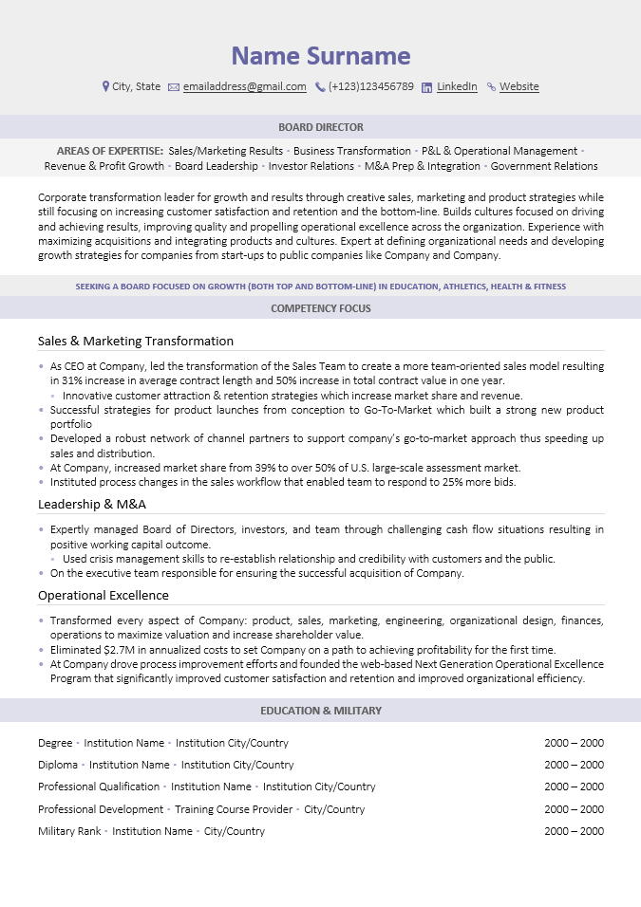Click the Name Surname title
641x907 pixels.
321,56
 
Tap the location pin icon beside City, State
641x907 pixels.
105,86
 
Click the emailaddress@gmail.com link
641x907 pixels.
244,86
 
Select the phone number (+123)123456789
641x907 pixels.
370,86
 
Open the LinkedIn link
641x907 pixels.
457,86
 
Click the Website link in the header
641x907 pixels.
518,86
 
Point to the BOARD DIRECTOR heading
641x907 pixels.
321,127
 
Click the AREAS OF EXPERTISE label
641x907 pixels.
109,151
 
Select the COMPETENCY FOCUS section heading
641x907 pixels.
321,308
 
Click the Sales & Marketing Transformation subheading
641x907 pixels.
136,341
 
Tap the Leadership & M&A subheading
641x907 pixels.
92,504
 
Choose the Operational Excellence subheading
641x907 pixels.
104,595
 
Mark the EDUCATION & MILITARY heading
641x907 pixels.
321,711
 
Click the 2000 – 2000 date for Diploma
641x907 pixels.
574,765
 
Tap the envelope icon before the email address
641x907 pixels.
174,87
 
